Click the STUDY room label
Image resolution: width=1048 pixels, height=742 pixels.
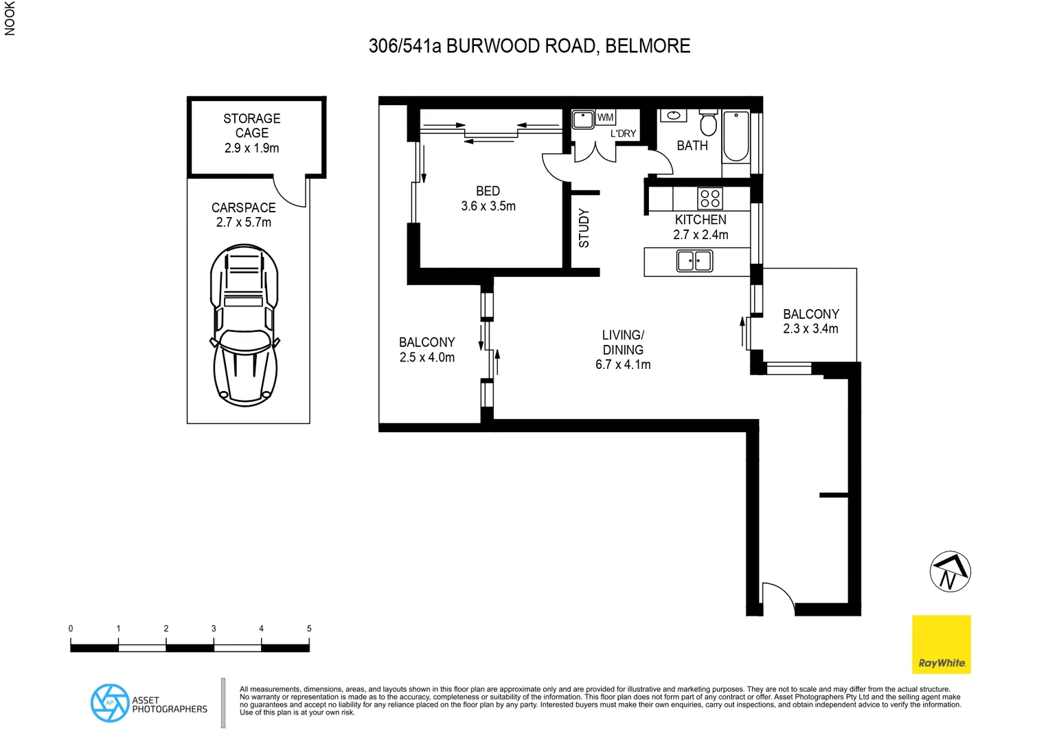pyautogui.click(x=584, y=228)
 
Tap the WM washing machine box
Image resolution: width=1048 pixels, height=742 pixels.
pyautogui.click(x=605, y=117)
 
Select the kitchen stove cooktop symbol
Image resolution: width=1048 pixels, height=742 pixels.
pyautogui.click(x=709, y=199)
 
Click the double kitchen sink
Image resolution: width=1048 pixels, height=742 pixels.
pyautogui.click(x=694, y=261)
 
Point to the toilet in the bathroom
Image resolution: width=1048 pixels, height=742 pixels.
pyautogui.click(x=708, y=123)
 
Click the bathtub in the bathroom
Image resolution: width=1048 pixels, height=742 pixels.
pyautogui.click(x=736, y=136)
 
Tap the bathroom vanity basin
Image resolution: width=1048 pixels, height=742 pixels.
pyautogui.click(x=673, y=115)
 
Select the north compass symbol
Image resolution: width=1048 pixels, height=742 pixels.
pyautogui.click(x=950, y=572)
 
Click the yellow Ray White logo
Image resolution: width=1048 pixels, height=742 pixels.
pyautogui.click(x=941, y=644)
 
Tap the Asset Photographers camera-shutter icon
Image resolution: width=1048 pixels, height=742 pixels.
pyautogui.click(x=110, y=703)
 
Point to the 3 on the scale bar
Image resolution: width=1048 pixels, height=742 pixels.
pyautogui.click(x=214, y=629)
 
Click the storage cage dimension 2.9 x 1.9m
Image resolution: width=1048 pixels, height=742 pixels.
pyautogui.click(x=251, y=148)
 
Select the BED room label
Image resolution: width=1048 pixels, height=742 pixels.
pyautogui.click(x=488, y=191)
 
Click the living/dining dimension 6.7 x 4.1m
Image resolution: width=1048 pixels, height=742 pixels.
pyautogui.click(x=623, y=365)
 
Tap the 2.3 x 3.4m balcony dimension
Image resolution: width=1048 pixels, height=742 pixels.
pyautogui.click(x=810, y=329)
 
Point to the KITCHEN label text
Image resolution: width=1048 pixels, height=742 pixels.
pyautogui.click(x=700, y=220)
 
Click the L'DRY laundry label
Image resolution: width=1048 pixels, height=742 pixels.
pyautogui.click(x=623, y=133)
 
